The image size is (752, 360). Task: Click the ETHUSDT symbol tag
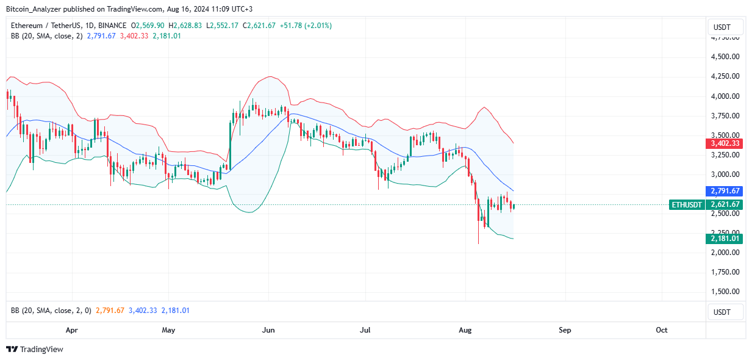pyautogui.click(x=687, y=205)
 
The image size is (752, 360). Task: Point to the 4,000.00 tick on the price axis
pyautogui.click(x=726, y=96)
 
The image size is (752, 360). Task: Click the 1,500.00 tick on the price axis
pyautogui.click(x=726, y=292)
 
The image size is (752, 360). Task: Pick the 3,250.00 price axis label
pyautogui.click(x=726, y=155)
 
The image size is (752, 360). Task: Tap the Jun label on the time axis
pyautogui.click(x=268, y=330)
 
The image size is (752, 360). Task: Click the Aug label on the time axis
pyautogui.click(x=465, y=330)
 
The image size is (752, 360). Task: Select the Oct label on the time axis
pyautogui.click(x=662, y=330)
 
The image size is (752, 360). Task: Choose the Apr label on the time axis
pyautogui.click(x=71, y=330)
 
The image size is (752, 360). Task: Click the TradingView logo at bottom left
pyautogui.click(x=35, y=350)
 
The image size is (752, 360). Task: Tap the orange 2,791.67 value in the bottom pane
pyautogui.click(x=109, y=311)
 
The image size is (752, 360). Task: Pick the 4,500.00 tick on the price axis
pyautogui.click(x=726, y=57)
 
